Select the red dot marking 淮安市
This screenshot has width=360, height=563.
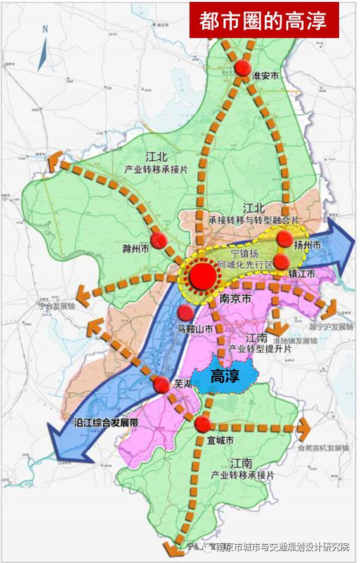pos(242,69)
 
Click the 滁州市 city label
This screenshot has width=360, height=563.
pos(134,249)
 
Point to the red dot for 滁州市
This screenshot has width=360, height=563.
pos(161,240)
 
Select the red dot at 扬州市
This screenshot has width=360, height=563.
pos(285,238)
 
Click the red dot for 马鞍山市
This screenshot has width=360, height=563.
pos(186,312)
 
